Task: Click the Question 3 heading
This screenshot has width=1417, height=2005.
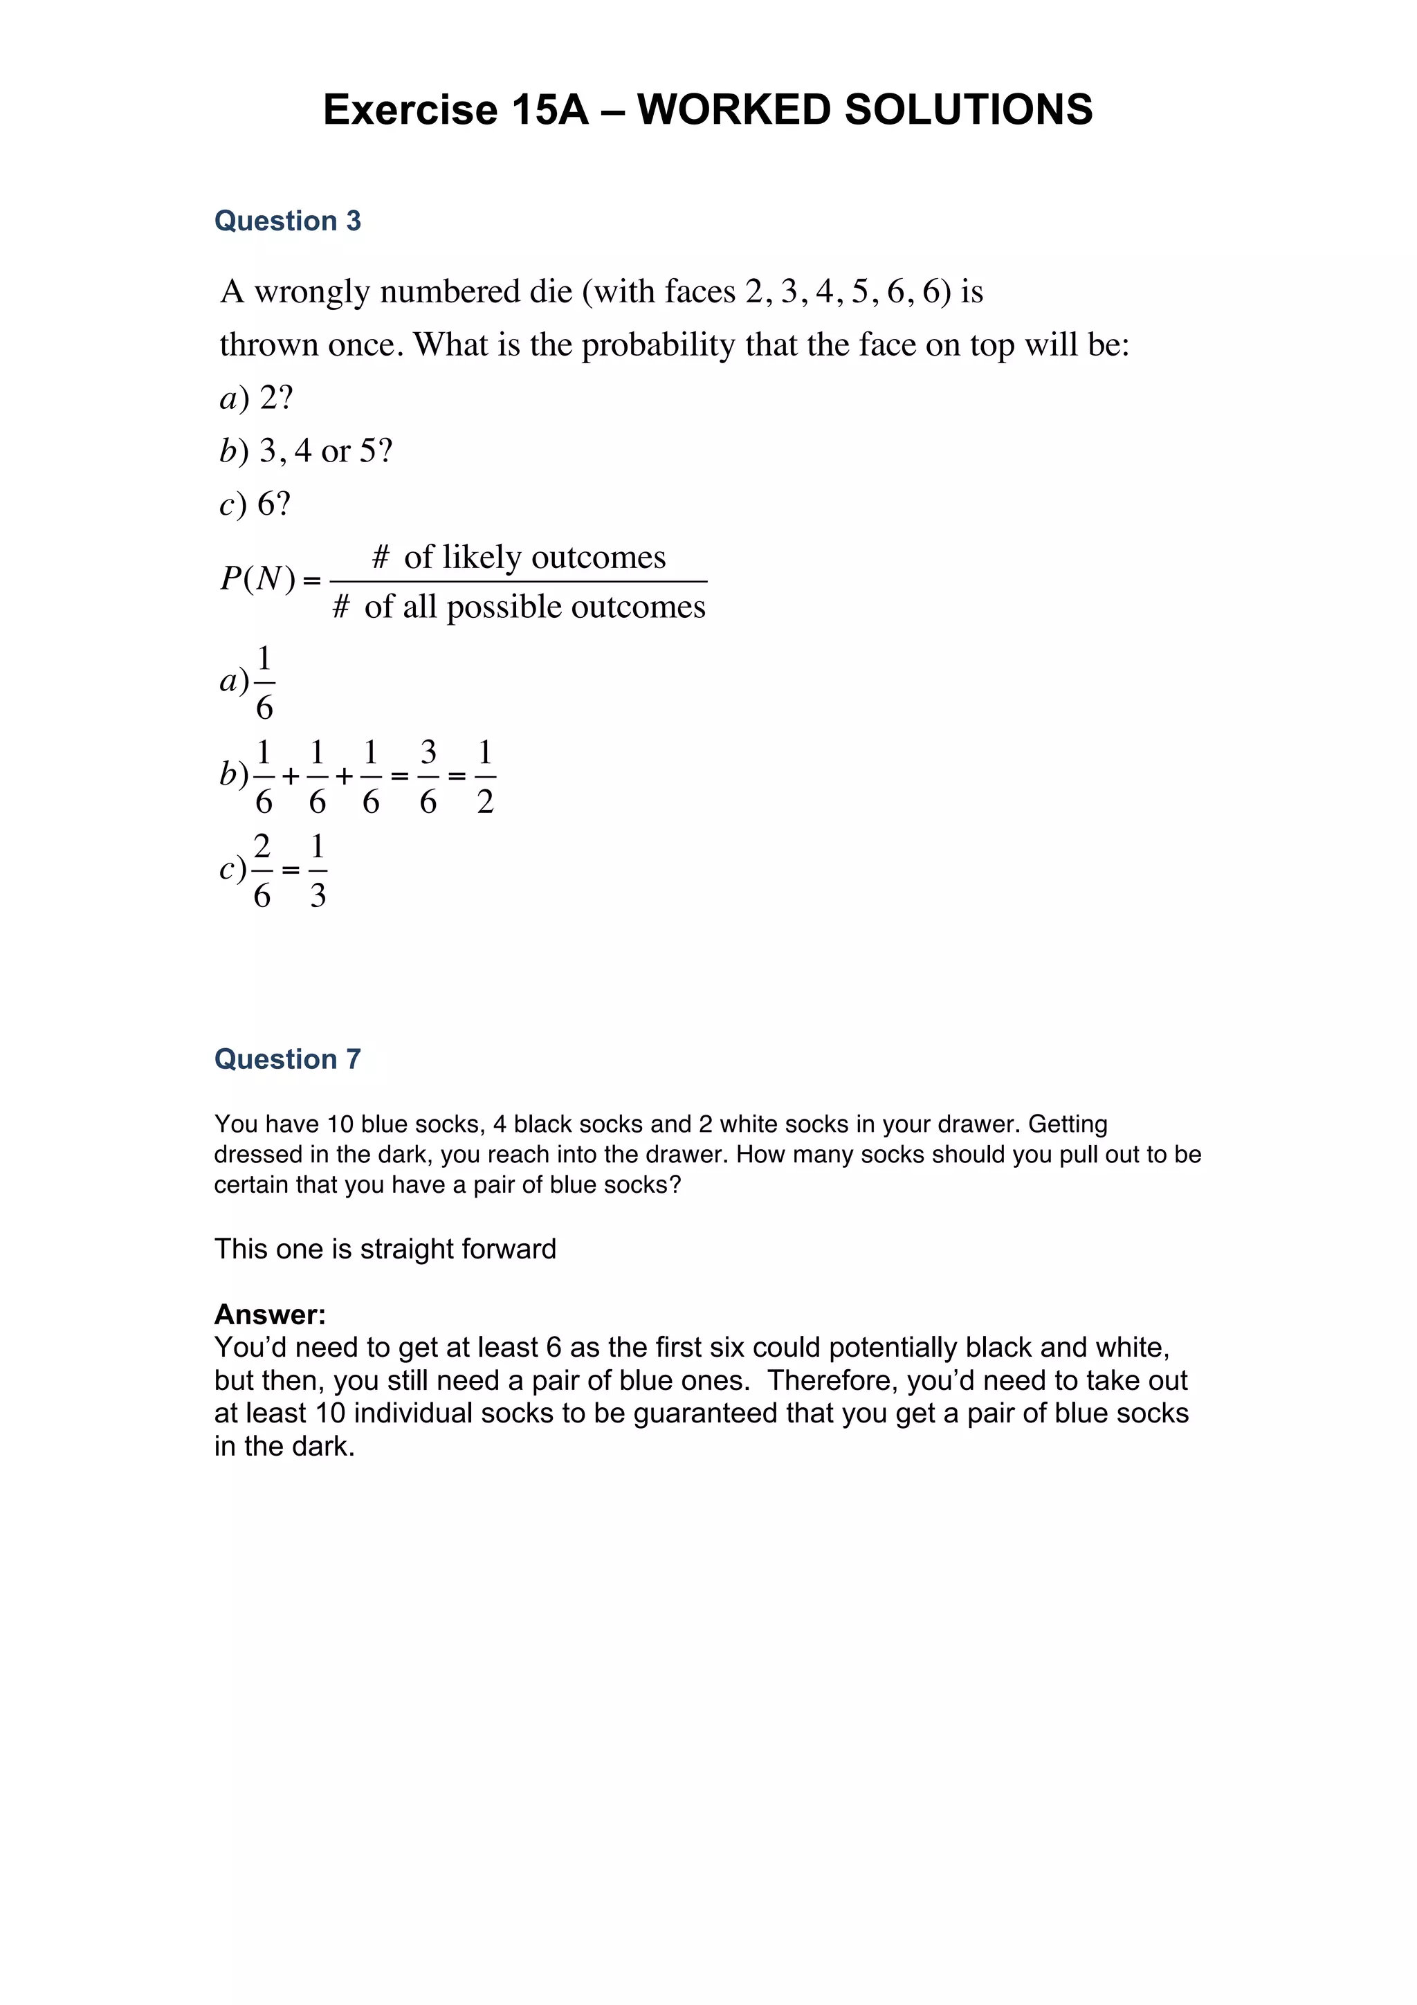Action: (x=287, y=221)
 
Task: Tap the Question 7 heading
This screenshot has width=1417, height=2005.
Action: (x=287, y=1059)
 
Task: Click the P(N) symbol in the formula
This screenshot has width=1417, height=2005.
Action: (x=259, y=578)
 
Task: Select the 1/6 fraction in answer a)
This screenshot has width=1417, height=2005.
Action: (x=264, y=683)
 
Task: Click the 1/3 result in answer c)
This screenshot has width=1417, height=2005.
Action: (x=318, y=870)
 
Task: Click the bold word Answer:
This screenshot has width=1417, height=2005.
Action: (x=270, y=1315)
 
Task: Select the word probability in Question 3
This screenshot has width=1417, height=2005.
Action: (x=658, y=345)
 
